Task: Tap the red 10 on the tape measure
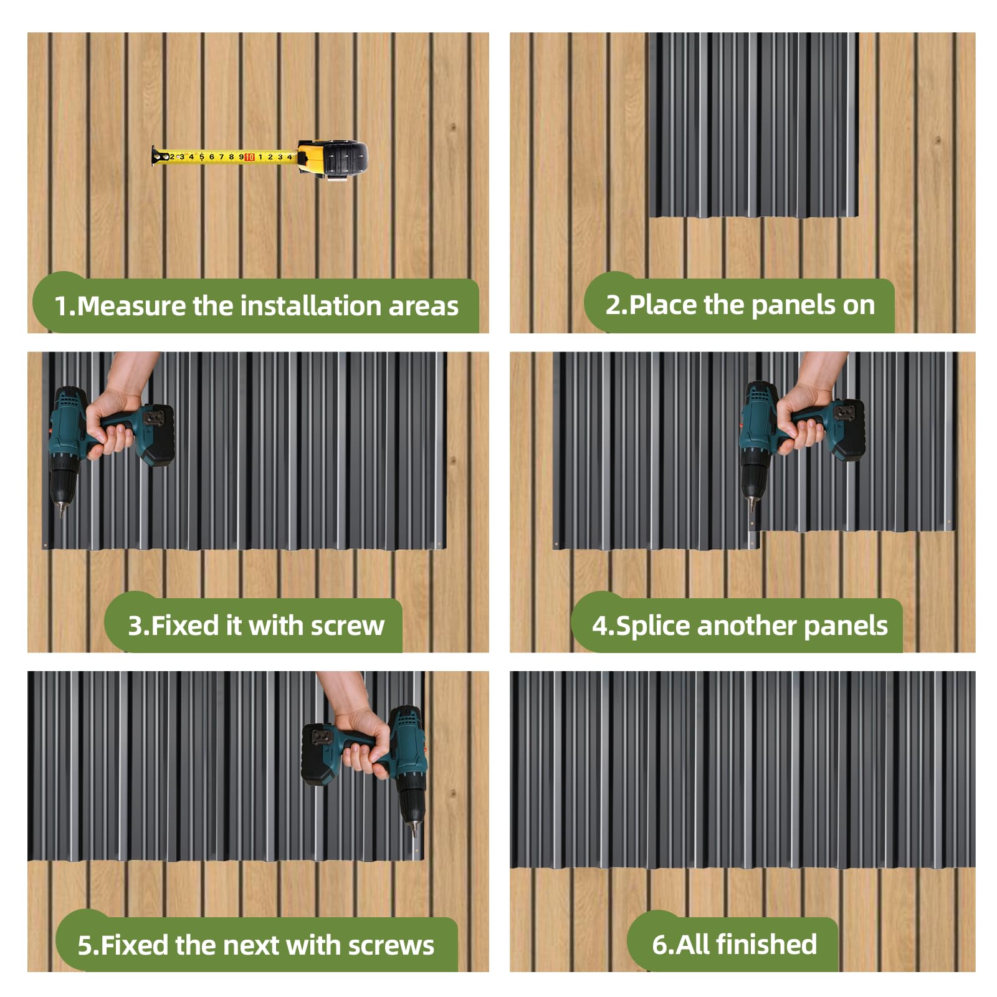(x=249, y=157)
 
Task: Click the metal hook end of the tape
(x=154, y=156)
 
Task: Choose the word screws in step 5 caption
(x=391, y=945)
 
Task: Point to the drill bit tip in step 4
(x=751, y=509)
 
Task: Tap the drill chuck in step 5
(x=411, y=804)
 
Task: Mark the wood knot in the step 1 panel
(x=453, y=127)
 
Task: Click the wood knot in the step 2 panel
(x=937, y=141)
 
